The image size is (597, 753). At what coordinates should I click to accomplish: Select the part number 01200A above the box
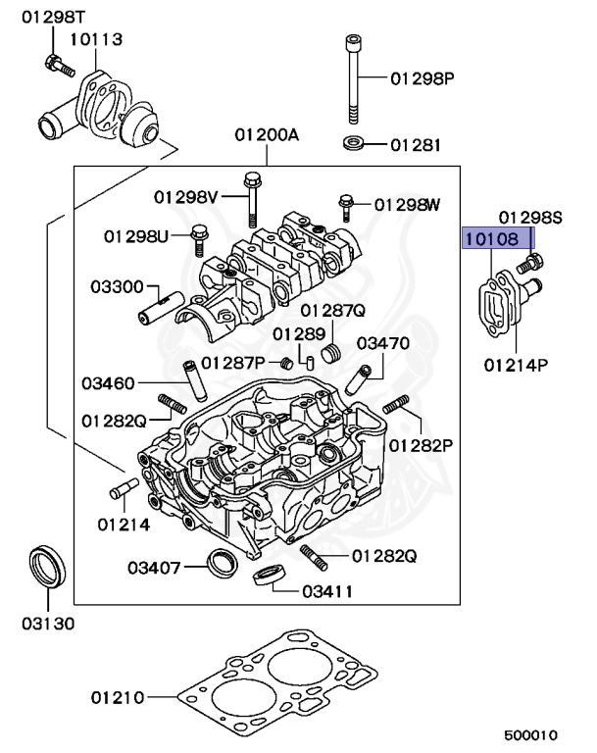pyautogui.click(x=267, y=133)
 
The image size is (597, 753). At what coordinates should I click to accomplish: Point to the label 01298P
pyautogui.click(x=423, y=77)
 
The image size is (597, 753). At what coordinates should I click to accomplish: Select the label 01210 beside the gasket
pyautogui.click(x=119, y=699)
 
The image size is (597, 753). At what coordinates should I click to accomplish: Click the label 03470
pyautogui.click(x=382, y=343)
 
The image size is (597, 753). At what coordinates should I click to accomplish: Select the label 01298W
pyautogui.click(x=408, y=204)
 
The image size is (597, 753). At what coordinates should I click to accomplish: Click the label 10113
pyautogui.click(x=96, y=39)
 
